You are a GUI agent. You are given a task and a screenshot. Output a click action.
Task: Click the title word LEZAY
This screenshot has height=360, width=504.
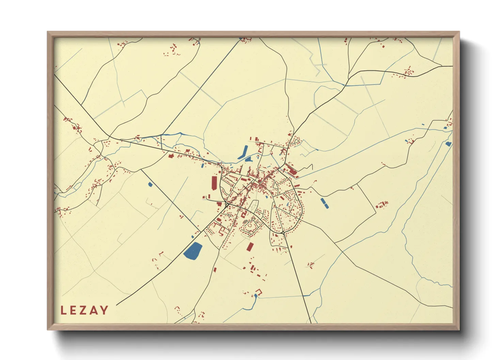pos(84,310)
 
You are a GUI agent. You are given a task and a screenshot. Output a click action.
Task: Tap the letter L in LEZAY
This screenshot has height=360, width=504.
pos(63,310)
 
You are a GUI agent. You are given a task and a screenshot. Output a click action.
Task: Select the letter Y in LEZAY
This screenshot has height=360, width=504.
pos(105,310)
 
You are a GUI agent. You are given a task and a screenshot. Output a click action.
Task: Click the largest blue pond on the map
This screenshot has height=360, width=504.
pos(193,251)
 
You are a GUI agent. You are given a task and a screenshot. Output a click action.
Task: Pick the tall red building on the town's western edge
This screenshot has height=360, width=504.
pos(214,183)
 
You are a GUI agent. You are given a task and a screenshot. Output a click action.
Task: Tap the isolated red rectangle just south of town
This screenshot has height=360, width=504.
pos(250,247)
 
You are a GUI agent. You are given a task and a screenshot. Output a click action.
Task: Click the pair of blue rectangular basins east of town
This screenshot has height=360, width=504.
pos(325,202)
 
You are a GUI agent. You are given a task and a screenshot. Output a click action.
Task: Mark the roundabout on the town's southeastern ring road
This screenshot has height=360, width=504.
pos(284,233)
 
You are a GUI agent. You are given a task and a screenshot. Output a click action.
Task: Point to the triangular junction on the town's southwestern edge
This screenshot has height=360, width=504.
pos(226,205)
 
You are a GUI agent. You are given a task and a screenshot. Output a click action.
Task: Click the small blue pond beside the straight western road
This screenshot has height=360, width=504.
pos(150,184)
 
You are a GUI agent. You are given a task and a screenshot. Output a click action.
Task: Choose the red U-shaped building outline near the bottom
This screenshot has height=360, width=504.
pos(259,292)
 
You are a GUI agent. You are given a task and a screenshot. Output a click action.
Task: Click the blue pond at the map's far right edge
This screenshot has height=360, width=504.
pos(448,144)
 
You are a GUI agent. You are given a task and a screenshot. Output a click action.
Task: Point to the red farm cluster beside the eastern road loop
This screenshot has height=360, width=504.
pos(382,204)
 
